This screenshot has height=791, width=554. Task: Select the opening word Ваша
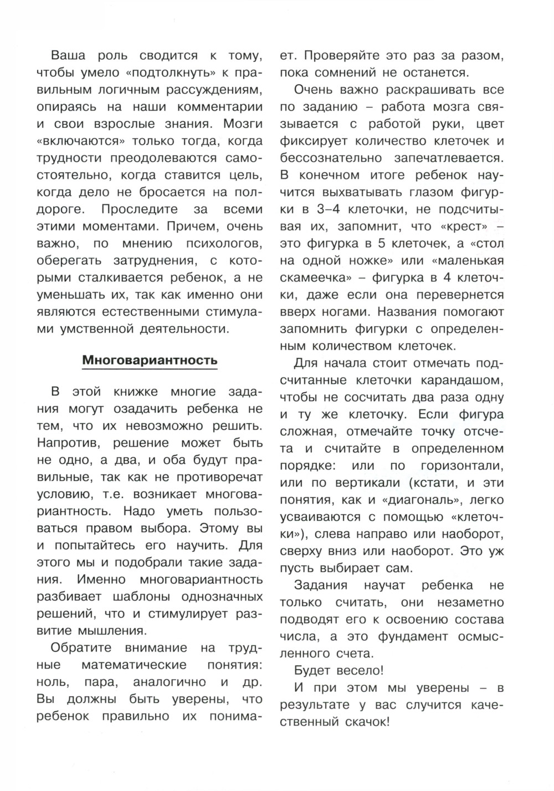point(66,55)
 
